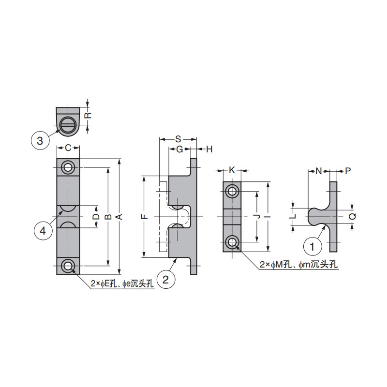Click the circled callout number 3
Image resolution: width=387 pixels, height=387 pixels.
click(x=40, y=141)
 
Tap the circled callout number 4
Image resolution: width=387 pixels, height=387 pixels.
click(x=43, y=231)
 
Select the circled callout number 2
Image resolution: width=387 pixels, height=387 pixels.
click(x=165, y=279)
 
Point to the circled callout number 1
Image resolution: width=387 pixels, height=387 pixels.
click(x=312, y=246)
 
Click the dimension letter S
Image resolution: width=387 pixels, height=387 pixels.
click(x=178, y=139)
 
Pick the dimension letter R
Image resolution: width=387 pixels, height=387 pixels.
click(x=88, y=115)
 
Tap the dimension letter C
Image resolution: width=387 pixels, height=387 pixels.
click(x=68, y=148)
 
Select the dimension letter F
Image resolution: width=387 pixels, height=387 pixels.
click(x=144, y=217)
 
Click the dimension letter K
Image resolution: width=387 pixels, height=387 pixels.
click(x=232, y=170)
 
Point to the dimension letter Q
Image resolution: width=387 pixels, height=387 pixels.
click(x=353, y=216)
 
